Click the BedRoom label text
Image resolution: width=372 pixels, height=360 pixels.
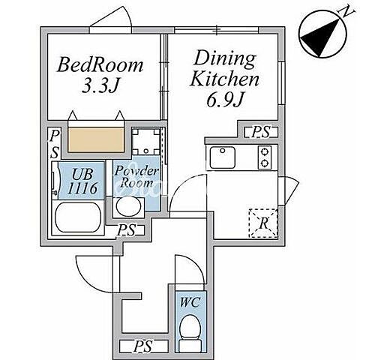(100, 65)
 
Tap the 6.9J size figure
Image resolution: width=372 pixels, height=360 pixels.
(225, 99)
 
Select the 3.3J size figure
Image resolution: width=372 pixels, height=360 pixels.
(100, 86)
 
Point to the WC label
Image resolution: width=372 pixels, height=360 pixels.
(190, 302)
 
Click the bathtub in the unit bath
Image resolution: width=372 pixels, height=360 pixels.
(78, 217)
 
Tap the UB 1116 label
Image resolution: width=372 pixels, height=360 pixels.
(82, 181)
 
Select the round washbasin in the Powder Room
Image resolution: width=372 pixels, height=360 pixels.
(129, 206)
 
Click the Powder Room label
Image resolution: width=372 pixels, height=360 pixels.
(136, 177)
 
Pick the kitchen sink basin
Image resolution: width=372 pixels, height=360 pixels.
(222, 157)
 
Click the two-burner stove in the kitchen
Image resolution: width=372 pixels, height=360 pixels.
(265, 157)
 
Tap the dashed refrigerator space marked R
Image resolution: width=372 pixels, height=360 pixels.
(263, 223)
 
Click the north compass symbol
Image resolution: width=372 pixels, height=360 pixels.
(322, 35)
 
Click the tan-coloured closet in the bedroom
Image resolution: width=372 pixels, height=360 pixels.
(96, 139)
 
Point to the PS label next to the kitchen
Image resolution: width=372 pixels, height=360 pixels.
(261, 131)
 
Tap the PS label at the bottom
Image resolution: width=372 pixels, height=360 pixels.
(142, 346)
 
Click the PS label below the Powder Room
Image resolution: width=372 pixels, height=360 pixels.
(127, 229)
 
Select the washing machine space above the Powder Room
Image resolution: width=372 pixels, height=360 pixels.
(146, 142)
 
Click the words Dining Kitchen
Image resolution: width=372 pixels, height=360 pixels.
(224, 69)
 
